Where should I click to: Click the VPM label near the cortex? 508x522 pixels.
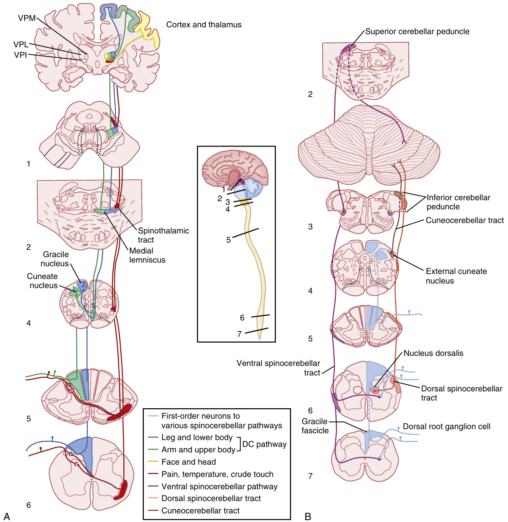(26, 18)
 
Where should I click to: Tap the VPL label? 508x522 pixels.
(21, 45)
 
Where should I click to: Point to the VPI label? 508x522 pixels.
(20, 55)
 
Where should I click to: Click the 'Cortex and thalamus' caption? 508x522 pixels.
(203, 25)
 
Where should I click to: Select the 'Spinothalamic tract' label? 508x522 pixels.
(163, 235)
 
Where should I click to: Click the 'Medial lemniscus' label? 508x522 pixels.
(147, 255)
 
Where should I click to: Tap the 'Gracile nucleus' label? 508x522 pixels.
(56, 259)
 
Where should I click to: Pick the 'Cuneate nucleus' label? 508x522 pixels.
(42, 281)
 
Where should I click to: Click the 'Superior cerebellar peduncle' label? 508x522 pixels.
(417, 31)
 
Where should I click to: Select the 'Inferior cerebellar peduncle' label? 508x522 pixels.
(458, 202)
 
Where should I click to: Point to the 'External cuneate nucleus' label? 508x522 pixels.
(456, 276)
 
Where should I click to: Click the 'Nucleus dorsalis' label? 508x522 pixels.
(433, 353)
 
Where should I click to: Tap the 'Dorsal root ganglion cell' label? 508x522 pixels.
(447, 426)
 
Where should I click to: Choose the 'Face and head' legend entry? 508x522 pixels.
(188, 462)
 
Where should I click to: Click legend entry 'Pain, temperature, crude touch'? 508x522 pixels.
(217, 474)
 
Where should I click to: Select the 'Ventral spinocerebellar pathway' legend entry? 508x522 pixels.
(219, 487)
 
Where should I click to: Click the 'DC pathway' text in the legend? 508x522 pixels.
(264, 444)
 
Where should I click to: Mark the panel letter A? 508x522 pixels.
(6, 516)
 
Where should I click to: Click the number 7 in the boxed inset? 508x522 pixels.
(239, 334)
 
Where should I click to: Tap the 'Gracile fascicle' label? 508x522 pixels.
(315, 426)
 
